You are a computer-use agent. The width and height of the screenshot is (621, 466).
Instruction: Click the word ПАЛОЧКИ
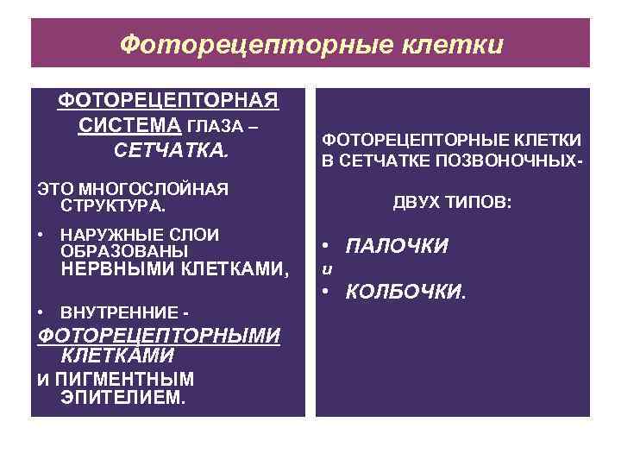[397, 246]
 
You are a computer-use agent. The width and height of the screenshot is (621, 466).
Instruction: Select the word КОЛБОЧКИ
[405, 291]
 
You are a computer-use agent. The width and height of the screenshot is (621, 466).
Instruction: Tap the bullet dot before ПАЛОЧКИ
[328, 245]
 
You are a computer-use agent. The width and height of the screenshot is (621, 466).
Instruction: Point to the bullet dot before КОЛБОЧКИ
[328, 291]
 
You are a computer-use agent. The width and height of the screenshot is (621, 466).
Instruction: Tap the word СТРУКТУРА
[112, 206]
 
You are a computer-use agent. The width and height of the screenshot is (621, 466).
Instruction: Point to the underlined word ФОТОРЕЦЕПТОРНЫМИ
[160, 335]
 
